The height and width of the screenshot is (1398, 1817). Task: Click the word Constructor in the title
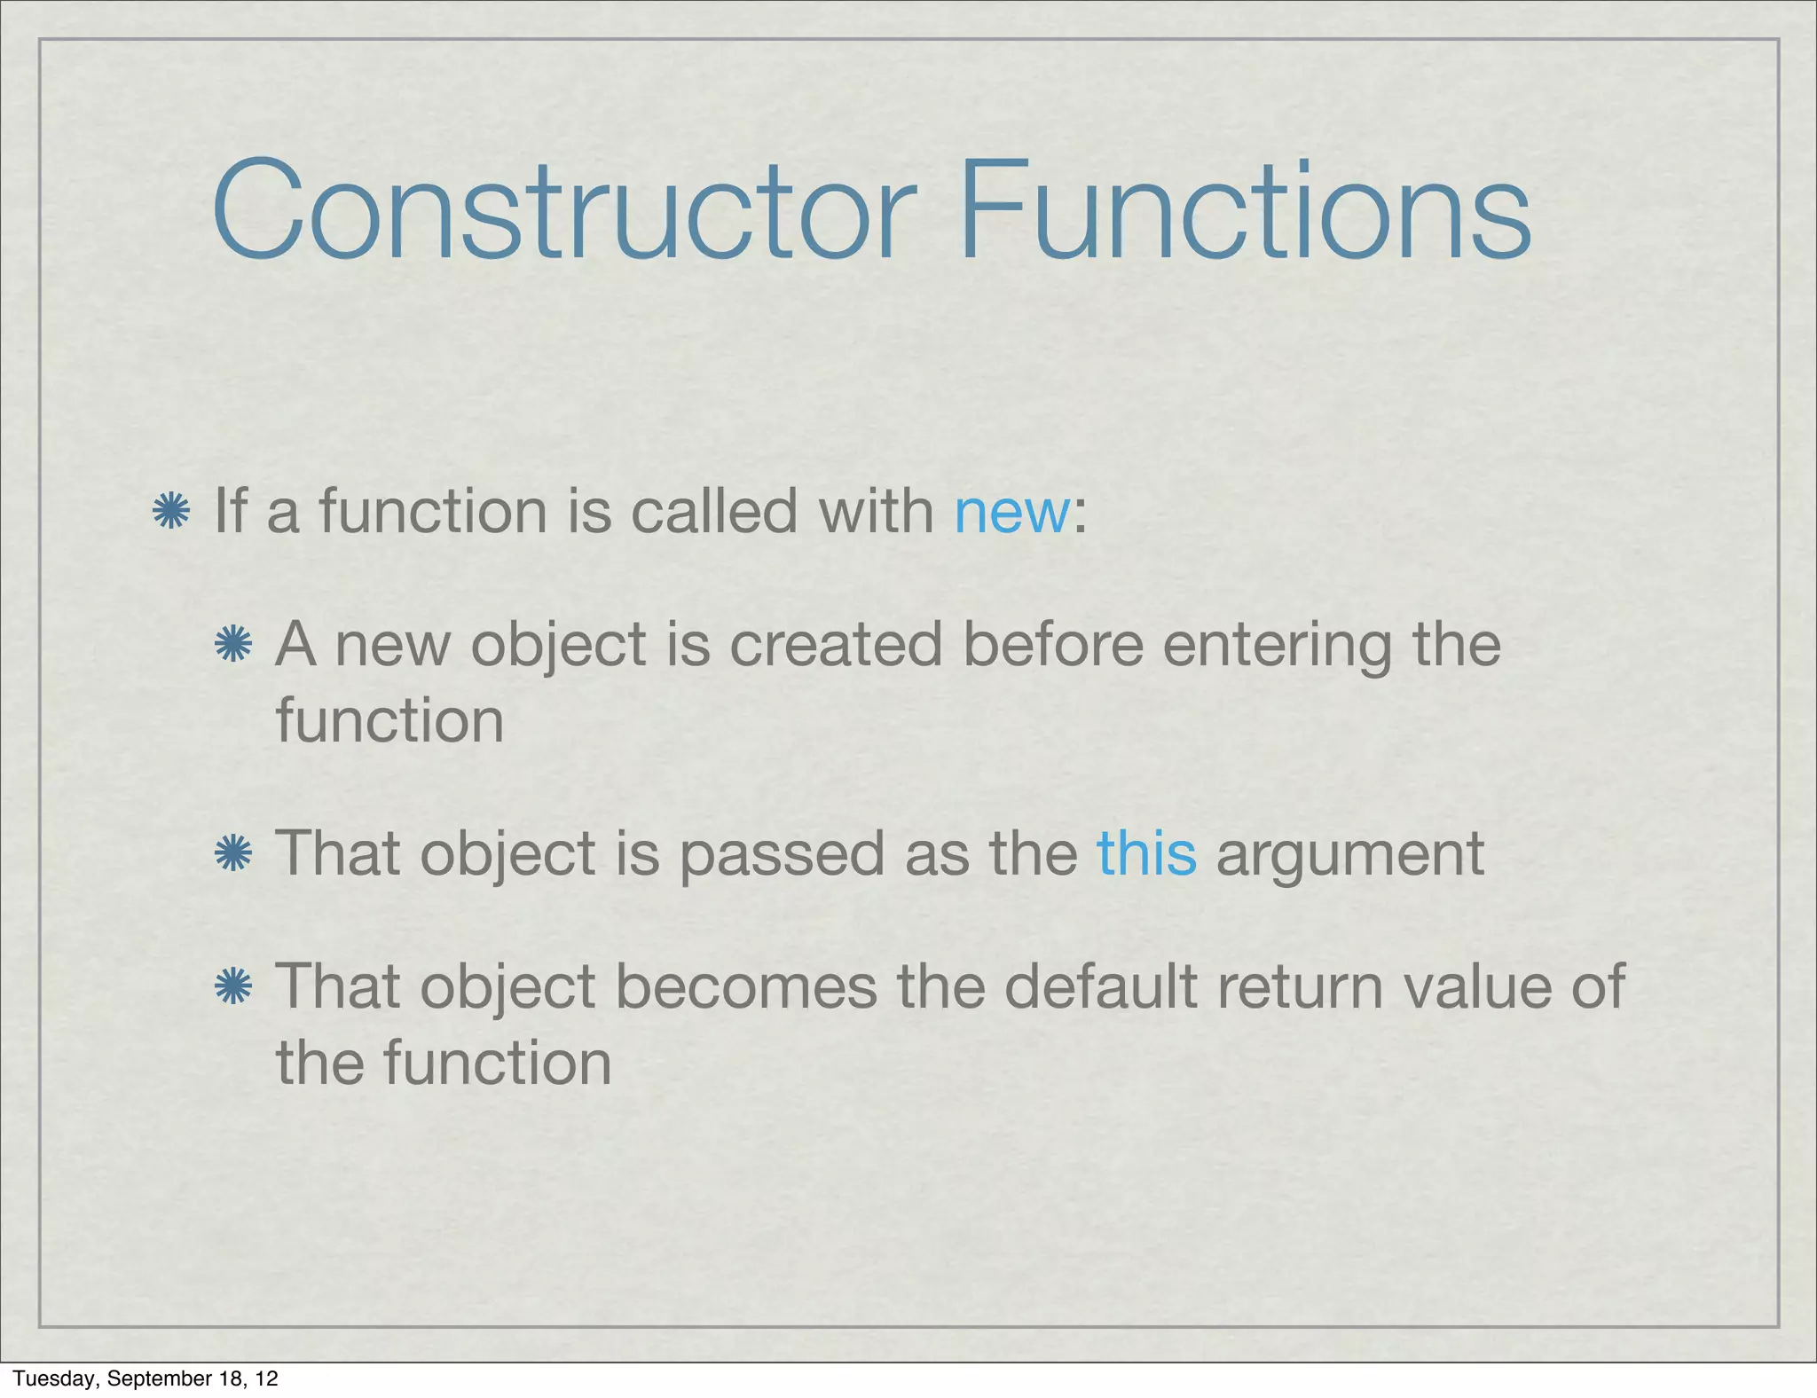click(563, 211)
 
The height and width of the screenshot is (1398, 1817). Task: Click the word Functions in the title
click(1244, 211)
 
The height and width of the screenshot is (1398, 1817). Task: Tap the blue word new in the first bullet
click(1011, 512)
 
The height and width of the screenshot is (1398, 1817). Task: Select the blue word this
click(1146, 853)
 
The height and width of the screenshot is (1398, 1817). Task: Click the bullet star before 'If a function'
click(171, 512)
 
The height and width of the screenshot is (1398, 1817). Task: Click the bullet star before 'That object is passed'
click(233, 853)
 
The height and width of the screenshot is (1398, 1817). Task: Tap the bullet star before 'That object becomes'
click(233, 986)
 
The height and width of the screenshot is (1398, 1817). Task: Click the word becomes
click(745, 986)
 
